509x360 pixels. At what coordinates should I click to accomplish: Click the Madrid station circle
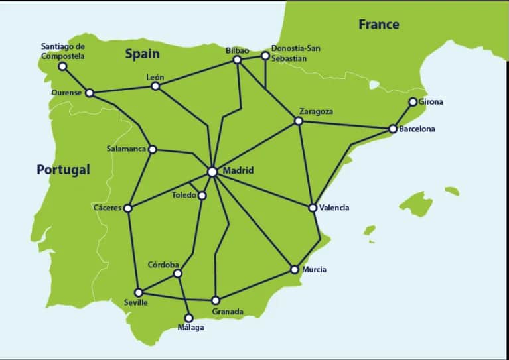pos(212,172)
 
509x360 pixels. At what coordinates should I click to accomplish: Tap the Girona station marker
pos(413,102)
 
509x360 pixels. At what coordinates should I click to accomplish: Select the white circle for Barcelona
pos(393,129)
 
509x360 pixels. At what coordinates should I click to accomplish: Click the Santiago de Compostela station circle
pos(62,66)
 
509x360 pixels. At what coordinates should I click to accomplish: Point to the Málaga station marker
pos(188,318)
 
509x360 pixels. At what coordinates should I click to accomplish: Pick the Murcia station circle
pos(295,270)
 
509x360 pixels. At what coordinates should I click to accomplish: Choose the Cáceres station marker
pos(128,208)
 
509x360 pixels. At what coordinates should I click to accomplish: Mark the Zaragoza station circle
pos(298,121)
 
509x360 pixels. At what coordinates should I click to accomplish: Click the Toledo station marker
pos(202,195)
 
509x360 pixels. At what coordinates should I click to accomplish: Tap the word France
pos(379,25)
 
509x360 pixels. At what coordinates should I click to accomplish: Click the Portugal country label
pos(63,170)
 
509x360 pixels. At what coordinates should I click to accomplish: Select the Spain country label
pos(143,54)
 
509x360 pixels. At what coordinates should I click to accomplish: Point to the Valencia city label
pos(334,208)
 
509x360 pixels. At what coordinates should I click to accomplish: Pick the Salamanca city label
pos(126,149)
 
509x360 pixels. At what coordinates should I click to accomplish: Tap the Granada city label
pos(228,312)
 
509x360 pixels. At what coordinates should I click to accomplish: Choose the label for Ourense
pos(66,93)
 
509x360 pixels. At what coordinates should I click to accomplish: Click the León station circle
pos(155,86)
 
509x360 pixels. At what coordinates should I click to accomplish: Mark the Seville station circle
pos(139,292)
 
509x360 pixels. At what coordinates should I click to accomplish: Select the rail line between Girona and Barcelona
pos(403,115)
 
